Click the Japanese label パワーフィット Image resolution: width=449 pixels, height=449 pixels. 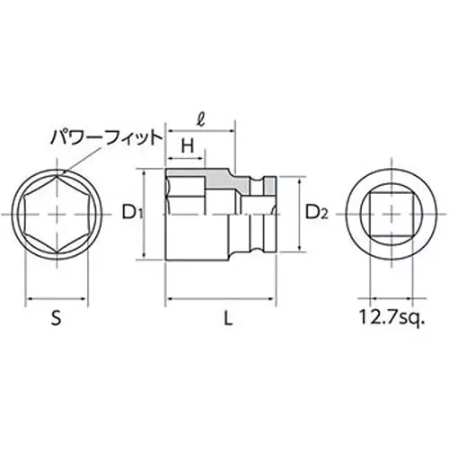point(105,136)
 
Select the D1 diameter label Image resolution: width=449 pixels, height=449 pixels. point(132,213)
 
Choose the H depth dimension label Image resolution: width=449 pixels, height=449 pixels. point(188,145)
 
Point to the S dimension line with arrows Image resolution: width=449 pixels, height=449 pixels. point(55,299)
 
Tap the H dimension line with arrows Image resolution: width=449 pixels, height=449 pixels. point(188,159)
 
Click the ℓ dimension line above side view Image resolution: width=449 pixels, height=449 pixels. point(199,129)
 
